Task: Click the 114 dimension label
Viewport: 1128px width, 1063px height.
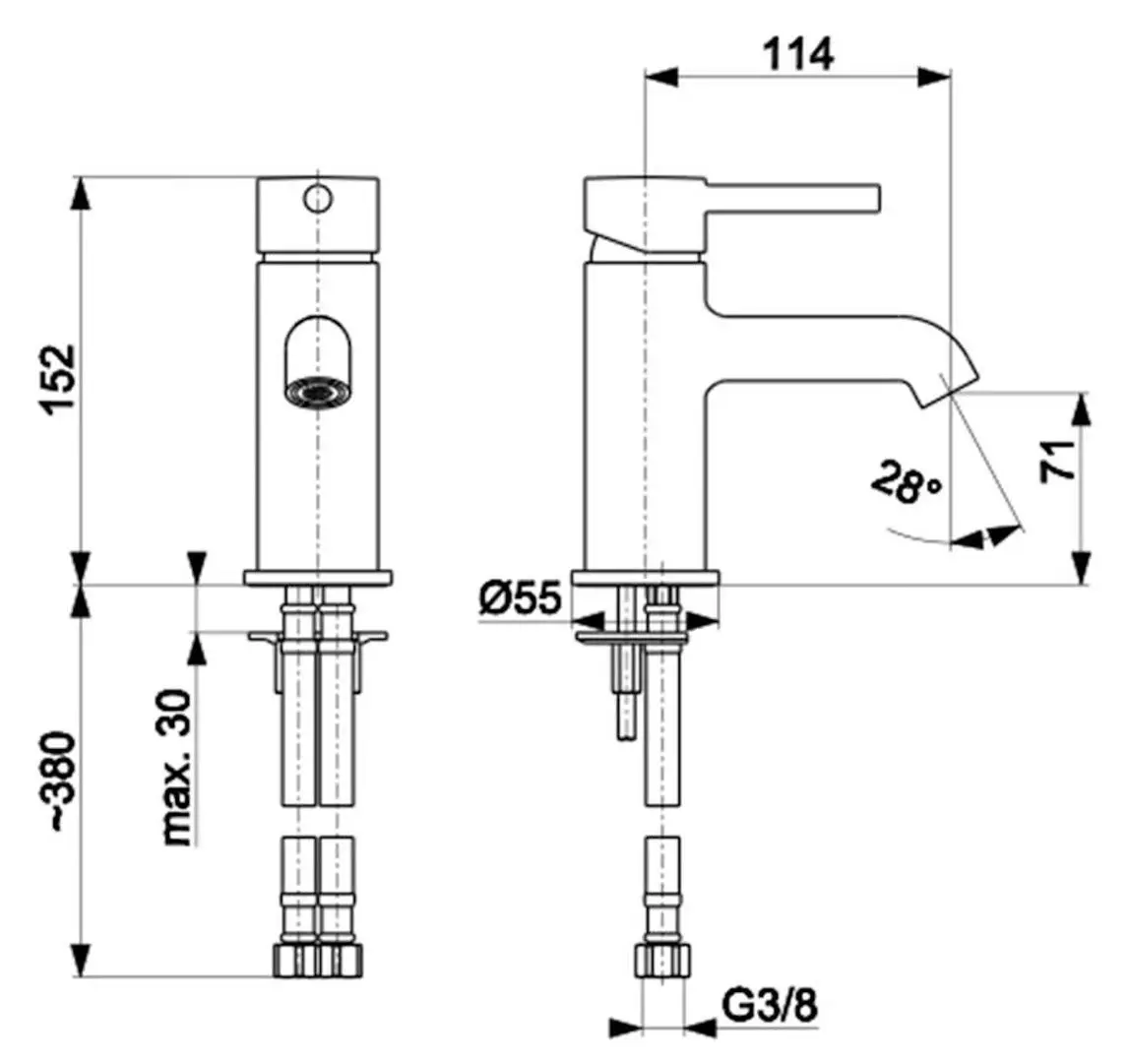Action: click(798, 54)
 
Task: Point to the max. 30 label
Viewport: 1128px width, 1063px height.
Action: click(176, 767)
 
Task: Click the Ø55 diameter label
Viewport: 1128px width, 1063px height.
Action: click(520, 597)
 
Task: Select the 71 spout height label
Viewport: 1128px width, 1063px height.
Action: click(1058, 461)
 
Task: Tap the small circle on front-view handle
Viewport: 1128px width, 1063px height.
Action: click(318, 199)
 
